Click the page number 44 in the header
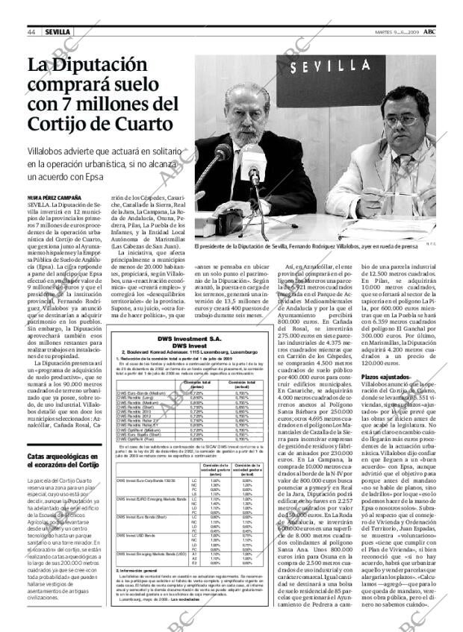point(31,32)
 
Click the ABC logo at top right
point(430,31)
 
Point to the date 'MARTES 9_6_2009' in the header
point(397,32)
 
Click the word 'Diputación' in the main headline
point(93,65)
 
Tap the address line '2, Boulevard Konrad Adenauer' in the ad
point(190,351)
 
